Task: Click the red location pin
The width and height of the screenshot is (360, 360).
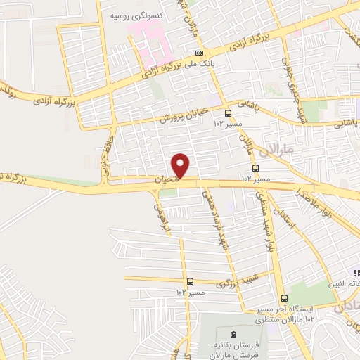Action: coord(181,165)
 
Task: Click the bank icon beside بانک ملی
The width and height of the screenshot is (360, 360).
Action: coord(200,53)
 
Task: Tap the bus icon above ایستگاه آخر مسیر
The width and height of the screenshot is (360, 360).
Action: coord(283,297)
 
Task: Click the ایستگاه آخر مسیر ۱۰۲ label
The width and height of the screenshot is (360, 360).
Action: coord(281,311)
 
